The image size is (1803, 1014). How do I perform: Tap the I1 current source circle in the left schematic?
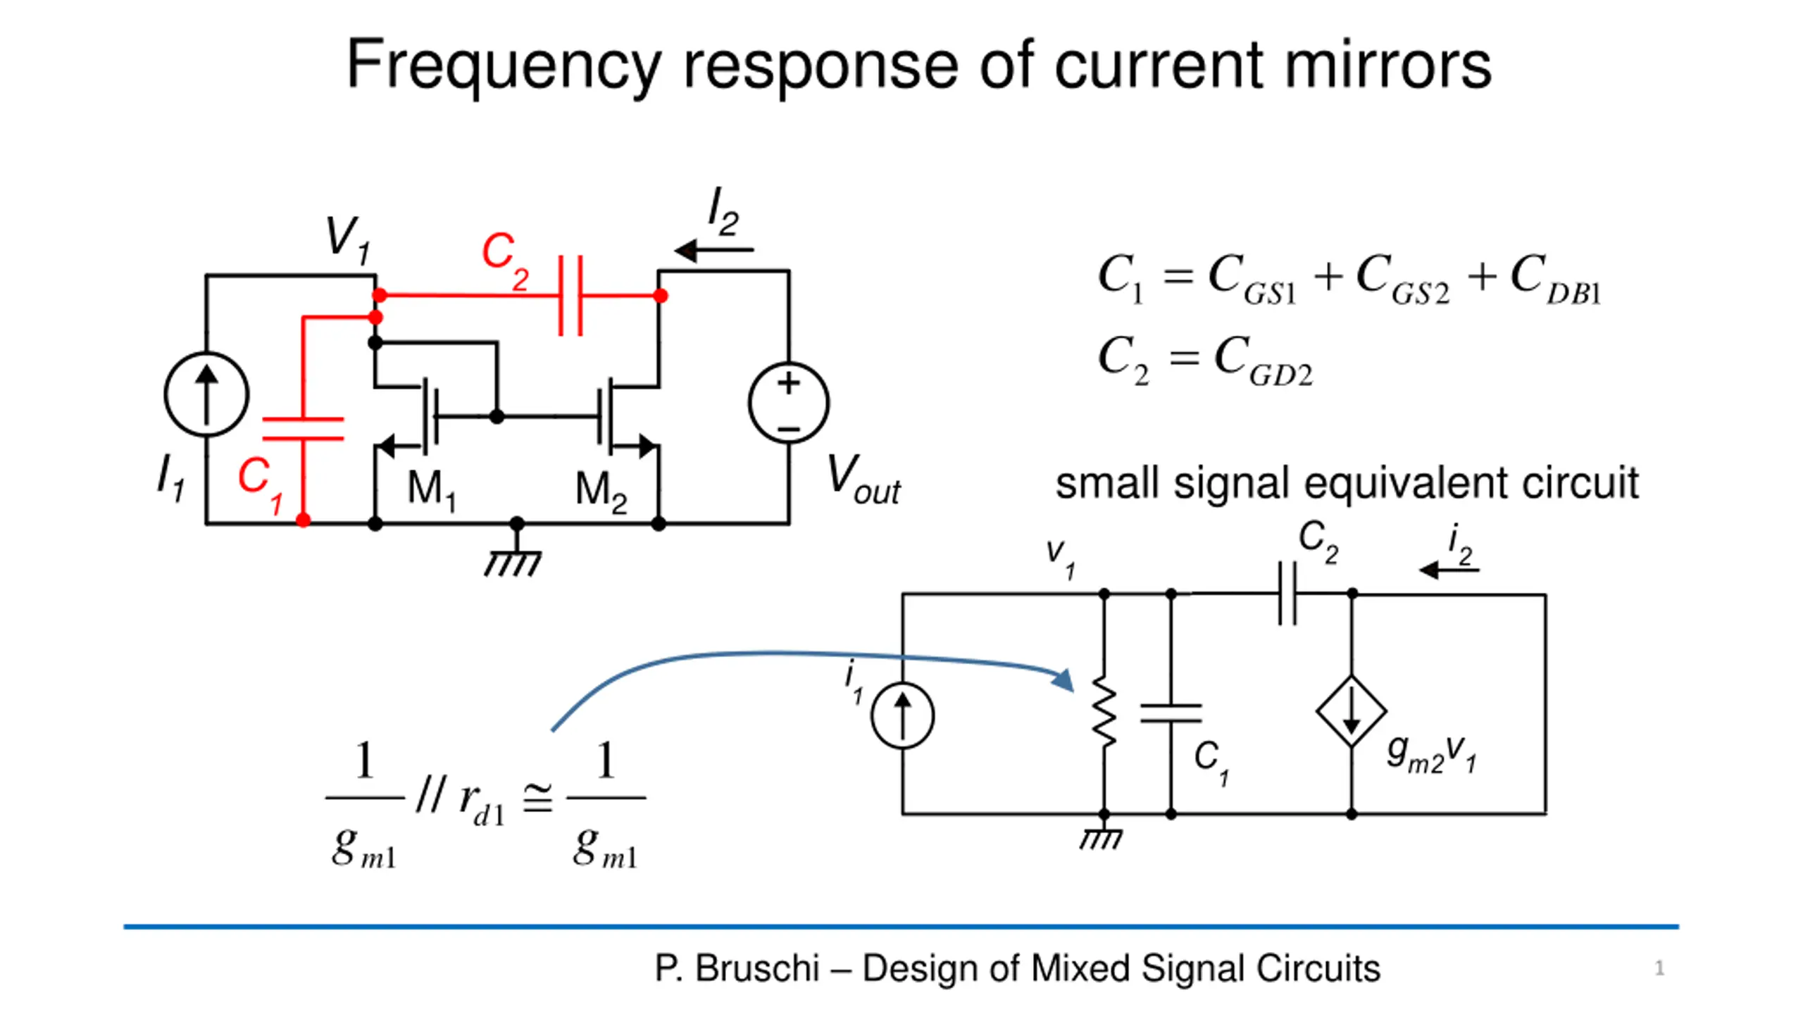206,394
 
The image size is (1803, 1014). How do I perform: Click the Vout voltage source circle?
788,403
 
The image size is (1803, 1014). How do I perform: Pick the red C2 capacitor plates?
570,296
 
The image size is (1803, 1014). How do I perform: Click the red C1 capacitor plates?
303,429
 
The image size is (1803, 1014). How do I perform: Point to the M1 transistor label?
431,489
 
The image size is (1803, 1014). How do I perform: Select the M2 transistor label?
600,491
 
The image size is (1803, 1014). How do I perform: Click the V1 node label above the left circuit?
347,239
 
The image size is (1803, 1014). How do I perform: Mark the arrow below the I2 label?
713,250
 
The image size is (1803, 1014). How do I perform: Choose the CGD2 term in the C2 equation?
1264,361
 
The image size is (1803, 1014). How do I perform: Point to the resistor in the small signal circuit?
1104,711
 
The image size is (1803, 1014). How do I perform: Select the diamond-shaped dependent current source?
1351,711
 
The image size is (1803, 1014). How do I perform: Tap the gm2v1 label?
1430,753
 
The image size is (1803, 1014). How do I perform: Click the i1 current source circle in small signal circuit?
902,715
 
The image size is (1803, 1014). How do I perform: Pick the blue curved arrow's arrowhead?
1063,680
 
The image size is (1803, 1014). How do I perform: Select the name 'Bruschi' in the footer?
757,968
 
